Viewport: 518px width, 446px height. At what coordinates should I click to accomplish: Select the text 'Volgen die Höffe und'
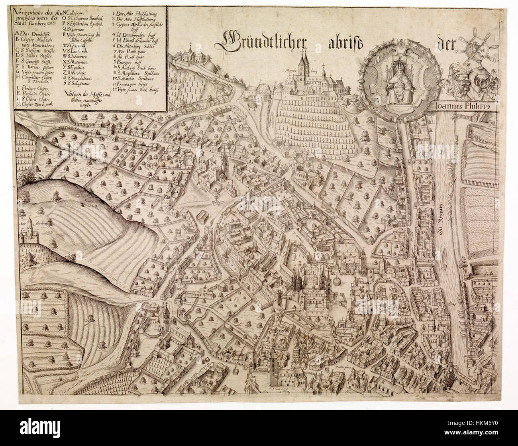pyautogui.click(x=83, y=94)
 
